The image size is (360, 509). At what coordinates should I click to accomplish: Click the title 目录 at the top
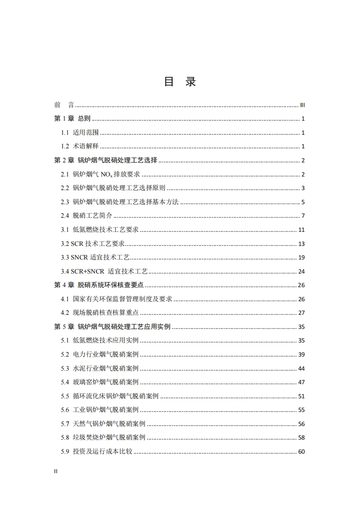point(179,82)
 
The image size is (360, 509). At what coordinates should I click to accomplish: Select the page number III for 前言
point(302,105)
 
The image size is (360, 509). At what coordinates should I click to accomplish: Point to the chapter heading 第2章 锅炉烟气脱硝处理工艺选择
point(106,161)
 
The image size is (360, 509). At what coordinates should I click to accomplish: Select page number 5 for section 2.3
point(303,202)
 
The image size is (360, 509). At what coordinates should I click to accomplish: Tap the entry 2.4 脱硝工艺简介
point(86,216)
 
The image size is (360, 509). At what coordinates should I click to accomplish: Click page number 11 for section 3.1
point(301,230)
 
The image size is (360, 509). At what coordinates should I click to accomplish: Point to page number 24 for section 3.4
point(301,272)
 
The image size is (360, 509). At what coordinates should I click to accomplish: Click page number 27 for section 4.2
point(301,313)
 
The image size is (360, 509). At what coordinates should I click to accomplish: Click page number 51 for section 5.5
point(301,396)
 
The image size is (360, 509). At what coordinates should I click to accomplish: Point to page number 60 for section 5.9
point(301,452)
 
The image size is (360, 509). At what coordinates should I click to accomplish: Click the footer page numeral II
point(56,471)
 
